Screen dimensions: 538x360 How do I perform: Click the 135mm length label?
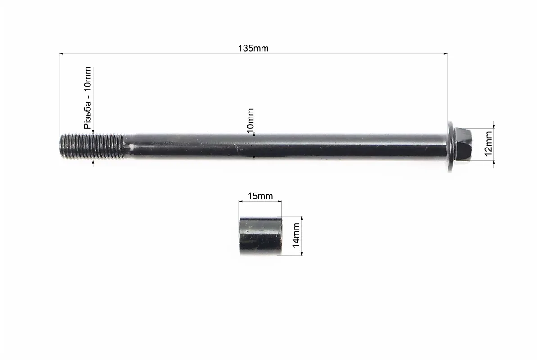(x=253, y=48)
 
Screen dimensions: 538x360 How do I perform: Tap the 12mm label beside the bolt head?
(x=488, y=143)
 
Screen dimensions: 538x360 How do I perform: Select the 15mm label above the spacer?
(x=260, y=196)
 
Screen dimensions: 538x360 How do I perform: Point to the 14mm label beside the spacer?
(x=296, y=235)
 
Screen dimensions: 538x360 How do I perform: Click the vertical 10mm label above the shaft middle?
(x=250, y=121)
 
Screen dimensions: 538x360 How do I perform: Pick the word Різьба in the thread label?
(x=88, y=115)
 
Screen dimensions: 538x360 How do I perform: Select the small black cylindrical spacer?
(x=260, y=236)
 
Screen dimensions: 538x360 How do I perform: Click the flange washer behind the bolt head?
(x=451, y=146)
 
